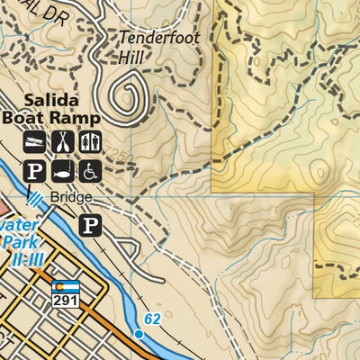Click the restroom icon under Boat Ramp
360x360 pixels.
click(x=91, y=141)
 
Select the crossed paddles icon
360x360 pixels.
click(x=63, y=141)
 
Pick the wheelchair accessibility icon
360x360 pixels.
click(x=91, y=169)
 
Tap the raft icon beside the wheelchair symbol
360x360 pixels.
click(x=63, y=169)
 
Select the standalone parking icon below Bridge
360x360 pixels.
click(x=90, y=224)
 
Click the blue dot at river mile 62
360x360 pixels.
click(x=139, y=334)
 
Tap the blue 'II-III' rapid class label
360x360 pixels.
click(x=20, y=259)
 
